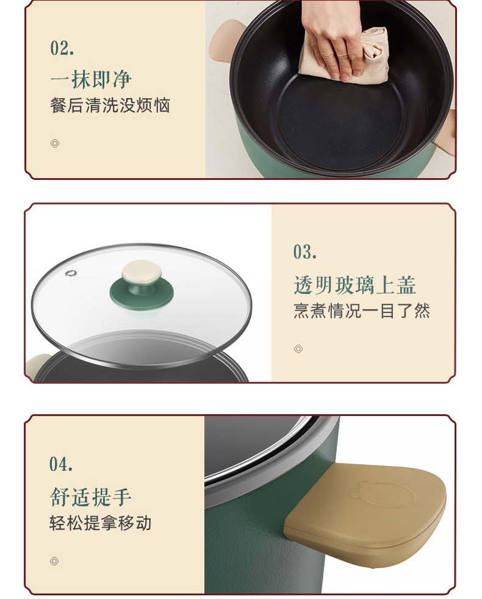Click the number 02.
coord(62,48)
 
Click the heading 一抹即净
coord(91,79)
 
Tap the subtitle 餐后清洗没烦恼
coord(110,106)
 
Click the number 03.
coord(304,252)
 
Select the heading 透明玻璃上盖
coord(354,285)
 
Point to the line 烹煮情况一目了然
coord(362,310)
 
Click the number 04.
coord(61,464)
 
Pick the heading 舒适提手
coord(90,497)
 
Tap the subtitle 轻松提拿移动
coord(101,523)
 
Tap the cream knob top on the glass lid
coord(142,274)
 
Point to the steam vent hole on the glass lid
coord(71,273)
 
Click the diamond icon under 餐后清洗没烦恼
coord(55,143)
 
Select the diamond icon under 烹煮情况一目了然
coord(298,349)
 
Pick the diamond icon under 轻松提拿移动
coord(54,561)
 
